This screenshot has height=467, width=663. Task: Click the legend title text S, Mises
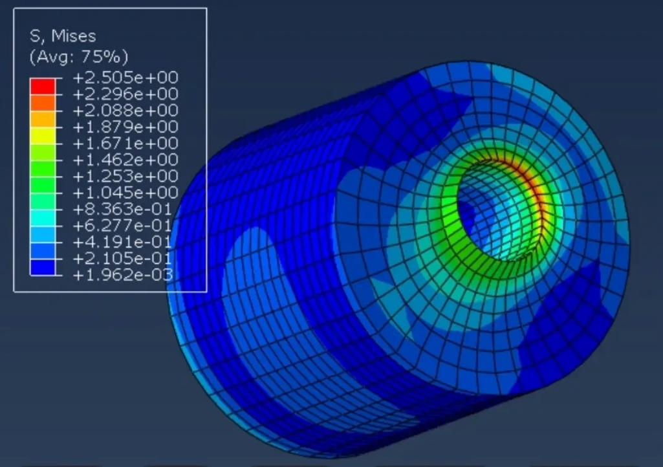63,36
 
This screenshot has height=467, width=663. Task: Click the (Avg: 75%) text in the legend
78,56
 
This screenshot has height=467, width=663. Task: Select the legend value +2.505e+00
125,78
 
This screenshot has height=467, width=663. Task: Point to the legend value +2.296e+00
125,94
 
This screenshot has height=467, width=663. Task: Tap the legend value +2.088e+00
125,111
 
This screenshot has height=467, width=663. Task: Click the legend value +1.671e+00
125,144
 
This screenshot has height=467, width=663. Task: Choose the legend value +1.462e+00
125,160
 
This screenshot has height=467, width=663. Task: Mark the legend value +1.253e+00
125,177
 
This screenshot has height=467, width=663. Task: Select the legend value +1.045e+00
125,193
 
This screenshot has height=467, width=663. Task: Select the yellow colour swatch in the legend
42,135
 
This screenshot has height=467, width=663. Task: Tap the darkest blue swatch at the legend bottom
42,267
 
